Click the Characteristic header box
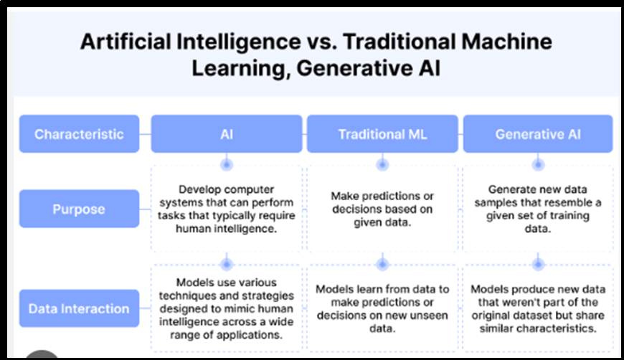coord(79,134)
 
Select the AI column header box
coord(227,134)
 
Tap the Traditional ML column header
coord(382,134)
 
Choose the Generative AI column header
coord(538,134)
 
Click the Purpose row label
coord(79,209)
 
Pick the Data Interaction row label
coord(79,308)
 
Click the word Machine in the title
coord(506,42)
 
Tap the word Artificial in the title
coord(126,42)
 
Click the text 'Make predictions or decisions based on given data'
coord(382,209)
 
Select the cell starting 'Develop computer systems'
coord(227,209)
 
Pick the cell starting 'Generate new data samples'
coord(538,209)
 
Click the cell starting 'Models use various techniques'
coord(227,308)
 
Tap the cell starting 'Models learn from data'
coord(382,308)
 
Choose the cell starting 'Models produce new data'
coord(538,308)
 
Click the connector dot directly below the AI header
coord(227,164)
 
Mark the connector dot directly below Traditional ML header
coord(382,164)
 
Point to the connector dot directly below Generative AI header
coord(538,164)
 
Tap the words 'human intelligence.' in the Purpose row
coord(227,229)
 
